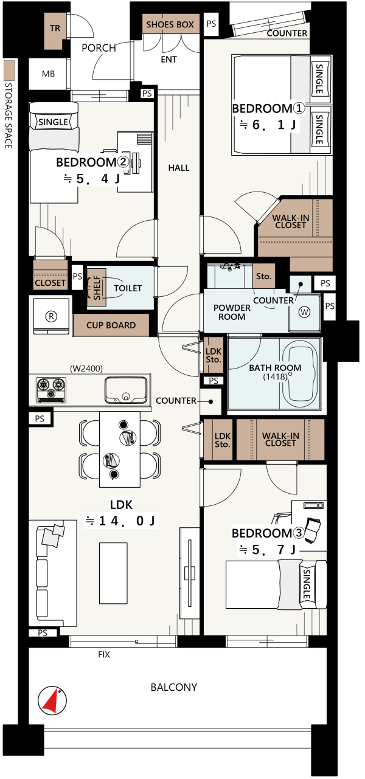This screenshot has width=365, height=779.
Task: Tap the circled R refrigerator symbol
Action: point(51,316)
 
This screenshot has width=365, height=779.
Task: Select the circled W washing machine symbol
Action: point(304,312)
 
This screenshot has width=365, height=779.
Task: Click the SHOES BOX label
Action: point(170,24)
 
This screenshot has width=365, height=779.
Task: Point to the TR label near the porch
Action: point(55,28)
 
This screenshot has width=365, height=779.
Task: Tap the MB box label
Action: point(49,74)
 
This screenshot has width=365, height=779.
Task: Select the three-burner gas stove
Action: point(51,390)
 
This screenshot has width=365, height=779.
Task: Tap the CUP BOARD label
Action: point(111,325)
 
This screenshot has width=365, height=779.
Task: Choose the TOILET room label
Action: point(128,288)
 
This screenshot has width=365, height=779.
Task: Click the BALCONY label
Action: point(173,687)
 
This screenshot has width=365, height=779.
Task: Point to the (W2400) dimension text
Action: point(86,369)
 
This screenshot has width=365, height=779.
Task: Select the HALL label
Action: point(179,168)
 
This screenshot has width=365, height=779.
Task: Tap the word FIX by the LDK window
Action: point(103,654)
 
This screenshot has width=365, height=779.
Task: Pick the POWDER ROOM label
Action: point(232,312)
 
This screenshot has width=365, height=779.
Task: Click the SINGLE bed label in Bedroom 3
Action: point(307,584)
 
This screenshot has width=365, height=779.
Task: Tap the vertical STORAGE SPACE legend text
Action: point(9,116)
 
